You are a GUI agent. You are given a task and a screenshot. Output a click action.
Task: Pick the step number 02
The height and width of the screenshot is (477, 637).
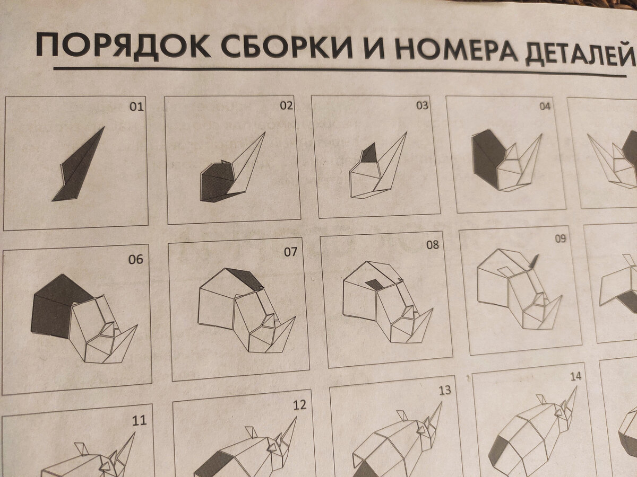tap(287, 105)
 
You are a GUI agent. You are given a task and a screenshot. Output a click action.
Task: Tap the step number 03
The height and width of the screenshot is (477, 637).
tap(421, 105)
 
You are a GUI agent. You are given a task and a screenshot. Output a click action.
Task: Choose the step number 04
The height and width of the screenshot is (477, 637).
tap(545, 106)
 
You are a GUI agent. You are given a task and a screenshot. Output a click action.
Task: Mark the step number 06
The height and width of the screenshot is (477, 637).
tap(136, 259)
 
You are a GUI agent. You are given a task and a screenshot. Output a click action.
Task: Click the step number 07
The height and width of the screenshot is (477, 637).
tap(290, 252)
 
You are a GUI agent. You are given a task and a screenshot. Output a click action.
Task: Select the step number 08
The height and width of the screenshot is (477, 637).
tap(433, 245)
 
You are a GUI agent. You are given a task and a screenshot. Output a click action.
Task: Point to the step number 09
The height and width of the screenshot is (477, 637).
tap(561, 238)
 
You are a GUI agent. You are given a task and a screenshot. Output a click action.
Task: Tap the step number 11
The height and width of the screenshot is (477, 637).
tap(139, 421)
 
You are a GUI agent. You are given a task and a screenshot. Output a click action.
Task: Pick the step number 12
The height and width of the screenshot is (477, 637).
tap(299, 405)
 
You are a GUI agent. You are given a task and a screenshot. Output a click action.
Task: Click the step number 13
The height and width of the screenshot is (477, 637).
tap(444, 391)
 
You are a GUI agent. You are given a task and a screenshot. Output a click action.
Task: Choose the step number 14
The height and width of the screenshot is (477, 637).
tap(575, 377)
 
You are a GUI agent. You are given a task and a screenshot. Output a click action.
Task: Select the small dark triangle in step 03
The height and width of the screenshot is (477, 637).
tap(368, 154)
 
